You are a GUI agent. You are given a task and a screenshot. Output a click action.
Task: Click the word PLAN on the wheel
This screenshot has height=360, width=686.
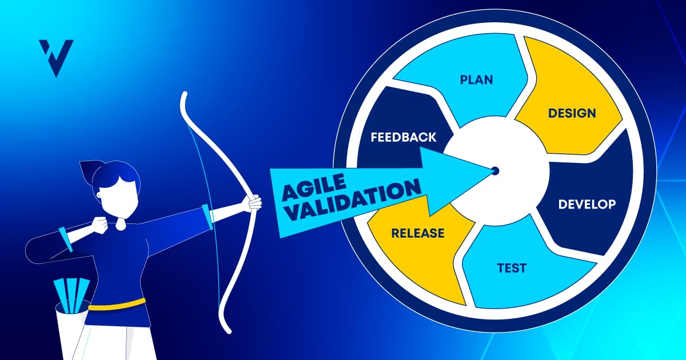476,79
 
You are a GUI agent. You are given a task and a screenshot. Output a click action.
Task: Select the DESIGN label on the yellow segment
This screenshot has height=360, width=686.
572,113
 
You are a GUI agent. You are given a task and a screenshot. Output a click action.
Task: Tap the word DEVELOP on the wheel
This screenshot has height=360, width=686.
587,204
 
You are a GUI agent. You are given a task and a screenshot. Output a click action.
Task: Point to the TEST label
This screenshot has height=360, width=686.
512,267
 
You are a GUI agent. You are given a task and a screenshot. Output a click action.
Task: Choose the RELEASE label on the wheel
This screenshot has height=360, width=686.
417,233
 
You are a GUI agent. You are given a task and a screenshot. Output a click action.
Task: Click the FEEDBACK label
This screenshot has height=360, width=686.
403,137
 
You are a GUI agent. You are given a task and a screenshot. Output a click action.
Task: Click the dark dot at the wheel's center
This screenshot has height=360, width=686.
495,170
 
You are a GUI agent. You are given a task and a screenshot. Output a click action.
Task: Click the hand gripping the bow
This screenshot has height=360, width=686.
252,202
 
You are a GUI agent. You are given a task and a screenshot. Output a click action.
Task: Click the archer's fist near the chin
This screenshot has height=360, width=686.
101,225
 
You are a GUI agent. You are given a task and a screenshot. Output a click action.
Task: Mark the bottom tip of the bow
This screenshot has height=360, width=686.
229,330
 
